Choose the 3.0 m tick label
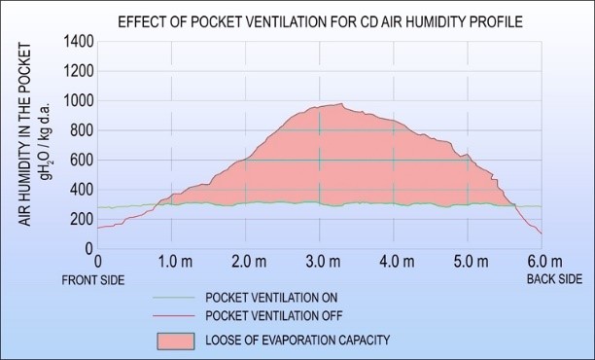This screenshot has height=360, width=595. pos(320,262)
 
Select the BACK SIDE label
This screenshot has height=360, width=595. pos(554,279)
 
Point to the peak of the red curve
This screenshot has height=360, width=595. pos(340,104)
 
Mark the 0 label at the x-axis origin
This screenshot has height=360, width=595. pos(97,262)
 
